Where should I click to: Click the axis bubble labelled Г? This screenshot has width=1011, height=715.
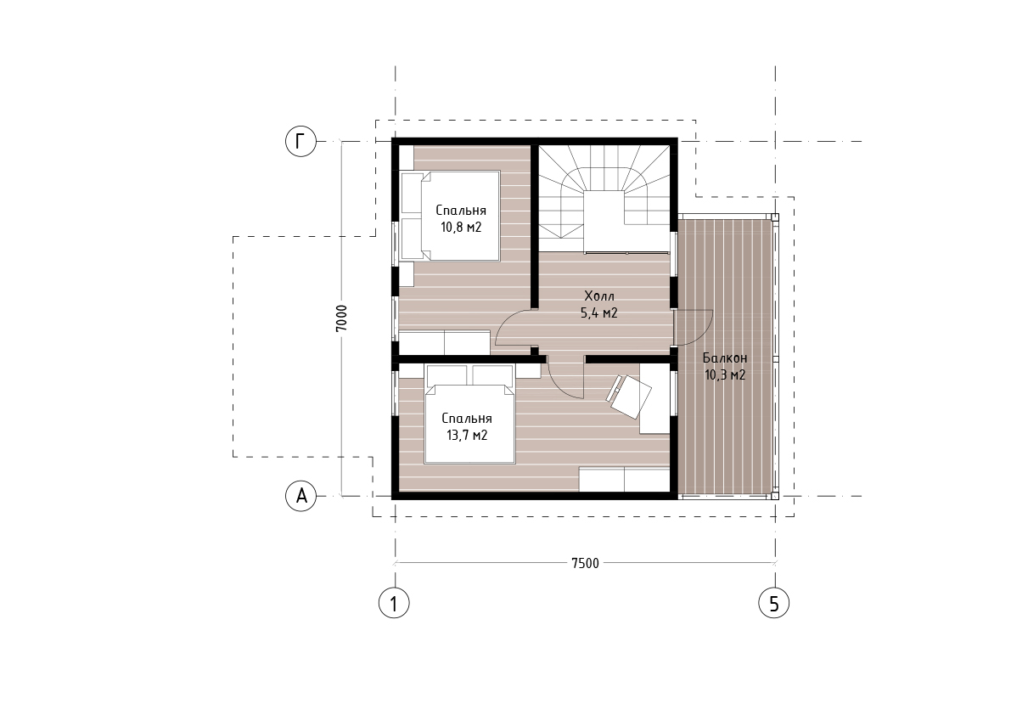[301, 141]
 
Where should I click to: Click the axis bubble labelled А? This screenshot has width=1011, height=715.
[301, 496]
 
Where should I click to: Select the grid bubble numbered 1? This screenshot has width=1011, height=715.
[394, 603]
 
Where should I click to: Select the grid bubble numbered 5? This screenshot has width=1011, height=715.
[773, 603]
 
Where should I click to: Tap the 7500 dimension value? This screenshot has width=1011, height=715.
[585, 563]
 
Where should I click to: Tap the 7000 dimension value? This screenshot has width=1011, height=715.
[342, 318]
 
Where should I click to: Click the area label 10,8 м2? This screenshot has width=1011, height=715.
[461, 227]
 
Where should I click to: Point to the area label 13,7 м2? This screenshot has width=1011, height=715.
[467, 435]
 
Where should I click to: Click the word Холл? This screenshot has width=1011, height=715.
[599, 296]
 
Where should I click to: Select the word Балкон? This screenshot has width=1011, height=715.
[725, 357]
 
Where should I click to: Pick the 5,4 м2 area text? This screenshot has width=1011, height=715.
[599, 313]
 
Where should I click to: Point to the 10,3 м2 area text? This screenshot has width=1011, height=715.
[725, 374]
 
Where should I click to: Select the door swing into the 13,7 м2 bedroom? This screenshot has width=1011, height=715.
[564, 383]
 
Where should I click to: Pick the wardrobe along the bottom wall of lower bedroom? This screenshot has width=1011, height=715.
[624, 480]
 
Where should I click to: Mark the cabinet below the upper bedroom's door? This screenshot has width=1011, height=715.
[444, 342]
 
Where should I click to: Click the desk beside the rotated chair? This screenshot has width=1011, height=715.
[654, 397]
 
